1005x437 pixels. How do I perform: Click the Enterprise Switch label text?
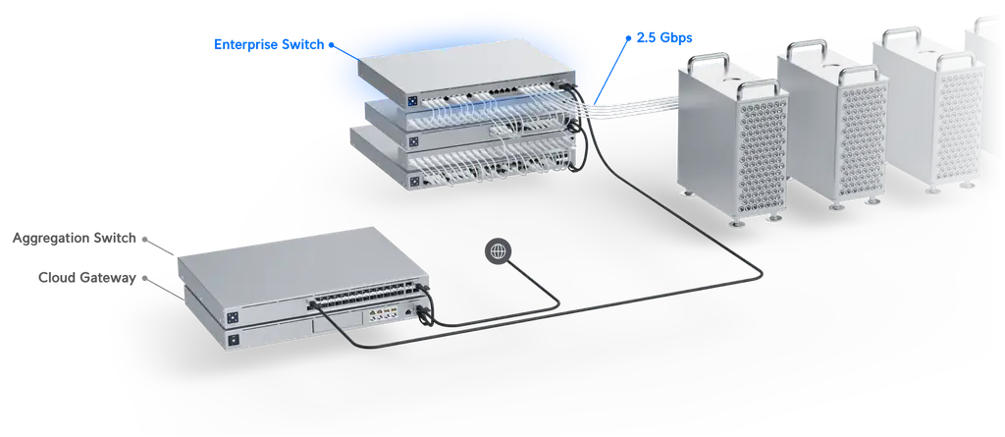click(x=269, y=45)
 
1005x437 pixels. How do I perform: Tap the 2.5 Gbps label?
click(x=664, y=38)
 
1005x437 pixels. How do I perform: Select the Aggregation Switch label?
click(x=75, y=238)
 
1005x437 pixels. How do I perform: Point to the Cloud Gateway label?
click(x=87, y=278)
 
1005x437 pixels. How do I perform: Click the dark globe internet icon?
click(x=498, y=251)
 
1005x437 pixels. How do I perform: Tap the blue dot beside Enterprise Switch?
click(x=332, y=45)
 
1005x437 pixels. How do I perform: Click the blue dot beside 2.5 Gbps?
click(x=629, y=38)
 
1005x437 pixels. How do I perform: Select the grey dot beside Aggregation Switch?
click(x=144, y=239)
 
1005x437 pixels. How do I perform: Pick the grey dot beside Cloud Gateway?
click(x=144, y=279)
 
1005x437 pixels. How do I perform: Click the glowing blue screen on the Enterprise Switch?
click(x=412, y=101)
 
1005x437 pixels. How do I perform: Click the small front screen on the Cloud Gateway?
click(x=234, y=339)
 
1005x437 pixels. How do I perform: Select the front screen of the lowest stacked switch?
click(x=415, y=183)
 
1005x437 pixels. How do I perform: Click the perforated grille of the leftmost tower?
click(x=763, y=156)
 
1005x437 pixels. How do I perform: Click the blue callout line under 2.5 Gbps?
click(x=611, y=71)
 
